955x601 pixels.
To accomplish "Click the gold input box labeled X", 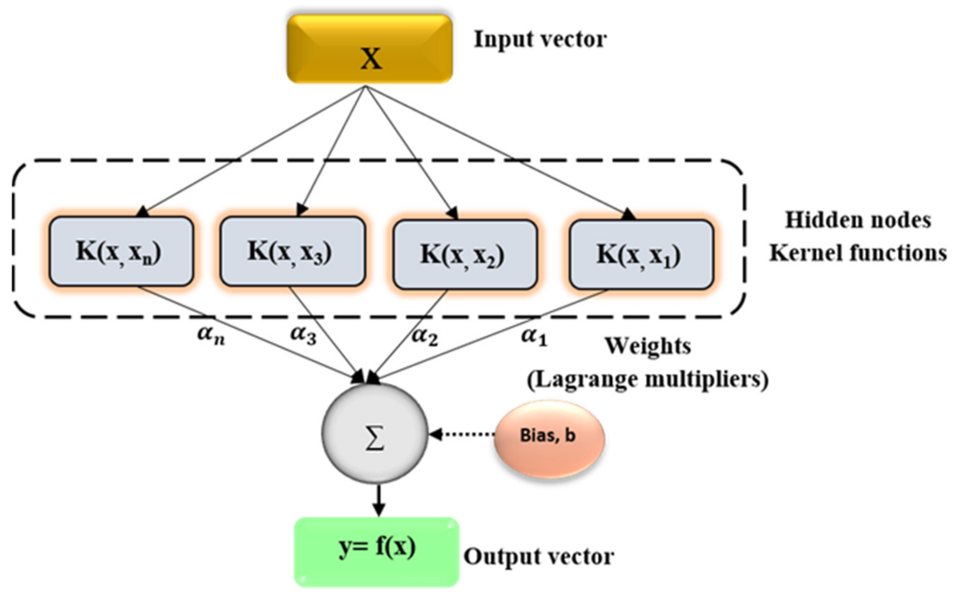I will tap(369, 49).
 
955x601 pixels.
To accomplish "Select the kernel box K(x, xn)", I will tap(121, 251).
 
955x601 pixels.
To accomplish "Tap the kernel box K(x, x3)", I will tap(293, 251).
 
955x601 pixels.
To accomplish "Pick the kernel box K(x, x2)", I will tap(465, 255).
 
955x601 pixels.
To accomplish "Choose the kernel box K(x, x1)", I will tap(641, 255).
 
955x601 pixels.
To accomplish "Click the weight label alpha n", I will tap(211, 335).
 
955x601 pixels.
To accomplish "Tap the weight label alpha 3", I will tap(303, 335).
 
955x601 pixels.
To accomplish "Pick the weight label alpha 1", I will tap(534, 337).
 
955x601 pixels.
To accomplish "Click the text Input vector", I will tap(540, 40).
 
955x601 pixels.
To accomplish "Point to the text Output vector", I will tap(538, 556).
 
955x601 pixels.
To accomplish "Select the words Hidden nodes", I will tap(858, 220).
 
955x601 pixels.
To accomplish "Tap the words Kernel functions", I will tap(858, 253).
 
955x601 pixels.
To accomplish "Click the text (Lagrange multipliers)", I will tap(647, 380).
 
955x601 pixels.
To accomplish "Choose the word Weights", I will tap(648, 346).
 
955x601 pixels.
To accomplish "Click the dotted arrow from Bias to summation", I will tap(464, 434).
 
